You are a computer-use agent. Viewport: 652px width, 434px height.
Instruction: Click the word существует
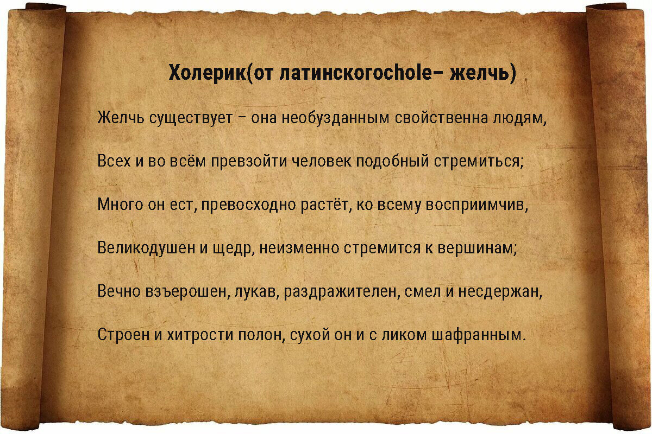coord(190,118)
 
